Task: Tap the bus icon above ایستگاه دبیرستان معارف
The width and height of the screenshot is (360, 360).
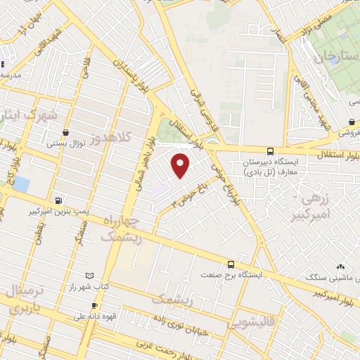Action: (271, 151)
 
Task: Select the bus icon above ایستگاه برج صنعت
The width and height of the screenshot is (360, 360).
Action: (231, 264)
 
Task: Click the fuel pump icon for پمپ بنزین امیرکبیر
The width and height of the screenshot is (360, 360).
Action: (58, 200)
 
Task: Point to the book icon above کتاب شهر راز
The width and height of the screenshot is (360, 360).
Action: (88, 276)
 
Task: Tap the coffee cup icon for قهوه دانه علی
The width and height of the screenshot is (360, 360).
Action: (94, 306)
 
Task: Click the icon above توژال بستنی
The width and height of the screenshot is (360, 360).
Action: (65, 132)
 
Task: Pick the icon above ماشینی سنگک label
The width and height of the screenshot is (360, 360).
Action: (341, 266)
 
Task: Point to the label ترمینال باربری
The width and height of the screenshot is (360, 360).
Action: (24, 299)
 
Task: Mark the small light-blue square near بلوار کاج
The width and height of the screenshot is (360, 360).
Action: (21, 184)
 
